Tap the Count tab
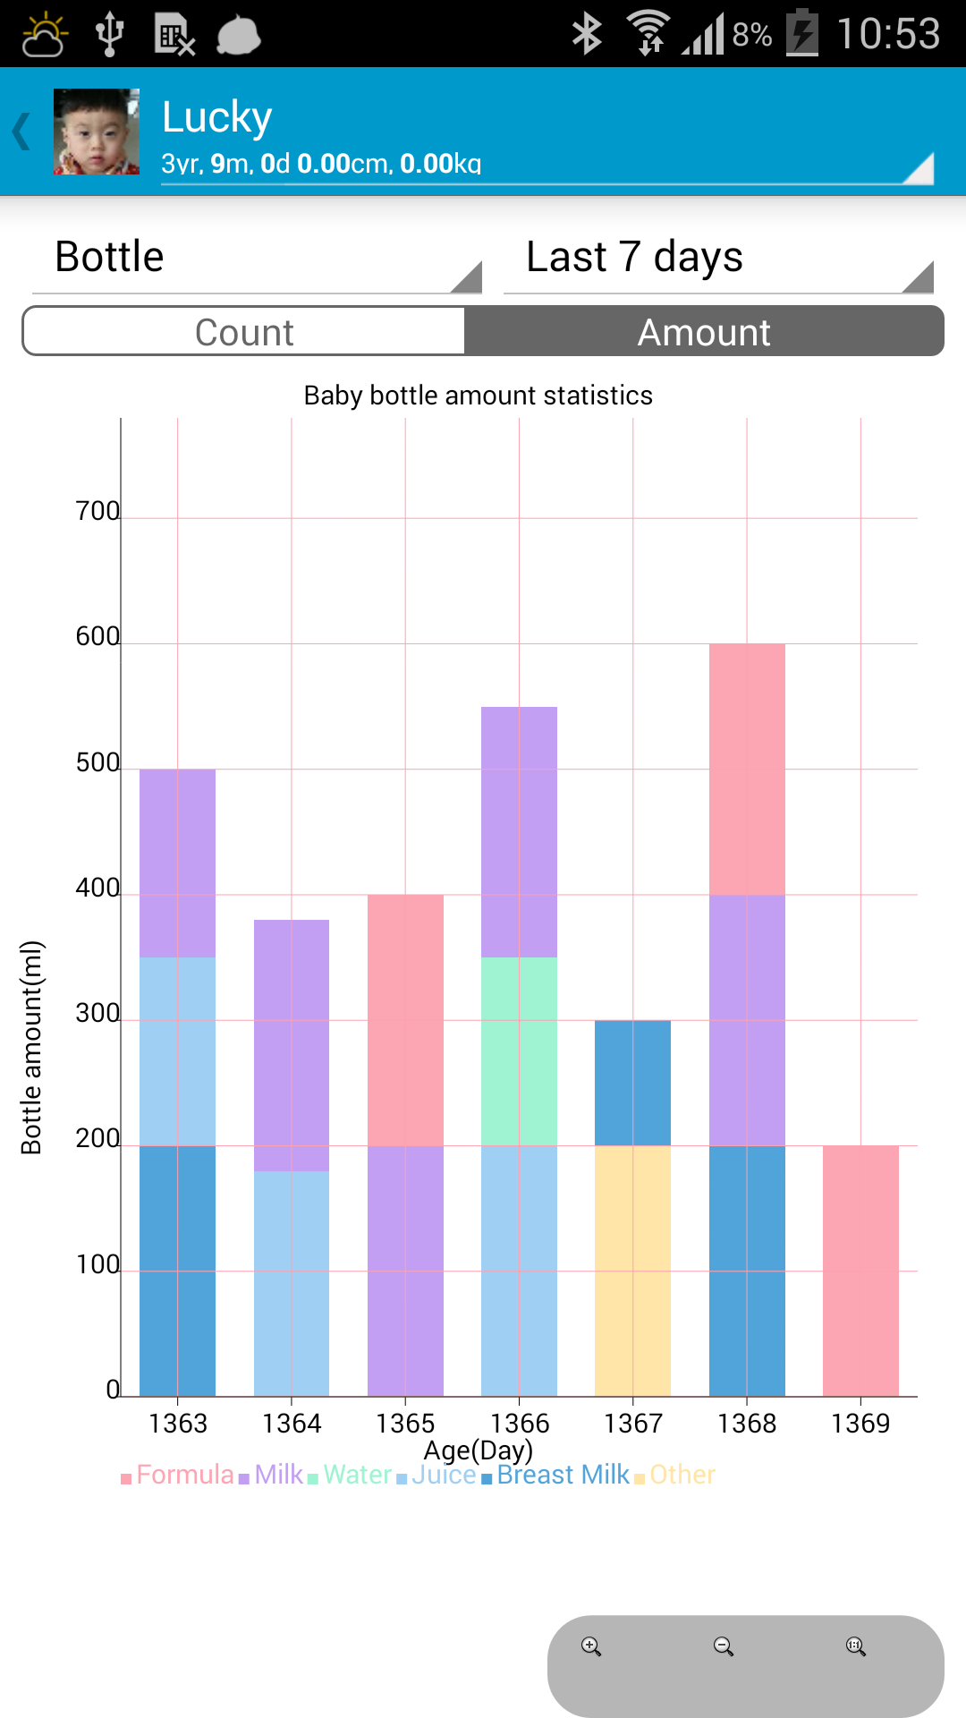click(243, 332)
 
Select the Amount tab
click(704, 332)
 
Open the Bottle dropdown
click(257, 259)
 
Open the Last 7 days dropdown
click(718, 259)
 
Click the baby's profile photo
click(97, 132)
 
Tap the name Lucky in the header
click(217, 117)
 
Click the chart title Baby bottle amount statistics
click(478, 395)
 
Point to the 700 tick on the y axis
click(97, 511)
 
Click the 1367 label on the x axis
click(632, 1424)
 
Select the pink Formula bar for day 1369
click(860, 1271)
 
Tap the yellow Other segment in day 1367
click(632, 1271)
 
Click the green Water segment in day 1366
click(519, 1051)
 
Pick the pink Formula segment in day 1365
click(405, 1020)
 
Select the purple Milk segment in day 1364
click(292, 1045)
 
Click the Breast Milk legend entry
click(563, 1475)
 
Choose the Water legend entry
click(357, 1475)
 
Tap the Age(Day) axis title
click(478, 1450)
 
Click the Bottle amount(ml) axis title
click(31, 1047)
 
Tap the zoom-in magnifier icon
click(591, 1646)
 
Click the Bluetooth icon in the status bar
click(587, 34)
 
